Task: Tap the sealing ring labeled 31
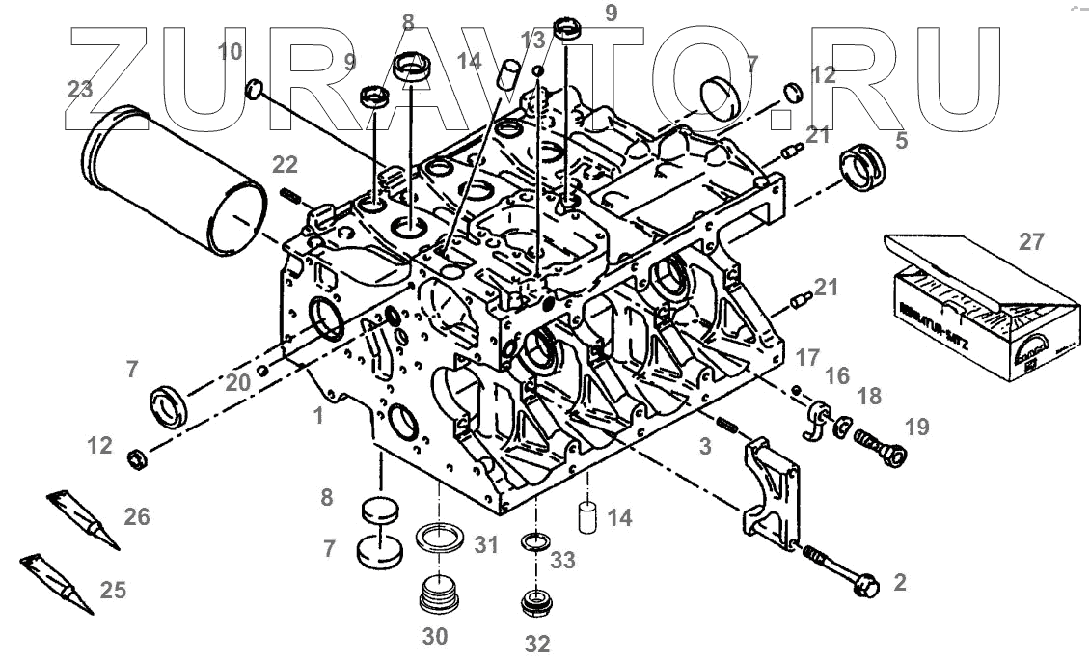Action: pyautogui.click(x=441, y=537)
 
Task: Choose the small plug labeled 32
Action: pyautogui.click(x=533, y=602)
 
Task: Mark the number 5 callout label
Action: pyautogui.click(x=901, y=141)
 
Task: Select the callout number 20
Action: pyautogui.click(x=238, y=383)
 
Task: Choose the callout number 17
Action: pyautogui.click(x=807, y=357)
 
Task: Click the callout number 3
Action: pyautogui.click(x=706, y=447)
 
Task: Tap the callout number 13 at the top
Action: pyautogui.click(x=532, y=41)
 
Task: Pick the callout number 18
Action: pyautogui.click(x=869, y=397)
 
